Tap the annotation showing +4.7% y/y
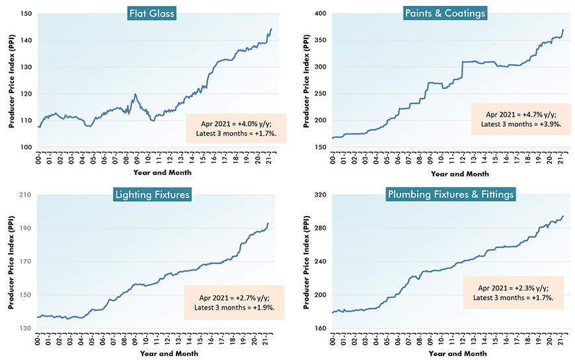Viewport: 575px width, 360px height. point(517,119)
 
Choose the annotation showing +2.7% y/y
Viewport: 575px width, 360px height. point(235,303)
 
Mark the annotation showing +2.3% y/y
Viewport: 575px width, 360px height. point(517,293)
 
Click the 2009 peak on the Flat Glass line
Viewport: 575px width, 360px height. point(135,94)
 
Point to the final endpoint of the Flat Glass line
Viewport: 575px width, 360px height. point(271,29)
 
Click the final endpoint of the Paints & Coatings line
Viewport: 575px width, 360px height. point(563,30)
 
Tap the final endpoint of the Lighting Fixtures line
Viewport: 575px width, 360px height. point(268,223)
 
